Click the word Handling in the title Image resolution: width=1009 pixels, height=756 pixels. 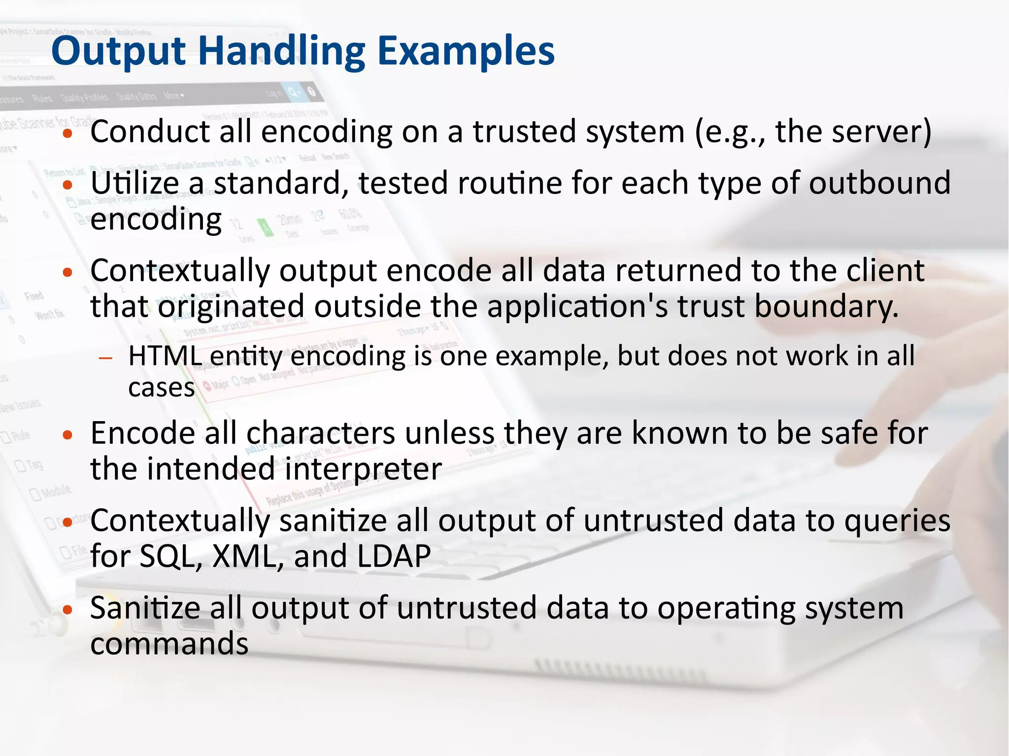coord(281,52)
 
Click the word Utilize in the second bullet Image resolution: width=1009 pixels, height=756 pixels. coord(135,183)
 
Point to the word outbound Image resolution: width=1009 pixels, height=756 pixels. coord(879,183)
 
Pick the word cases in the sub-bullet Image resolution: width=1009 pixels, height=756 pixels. coord(161,388)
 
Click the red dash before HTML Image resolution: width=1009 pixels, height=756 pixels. coord(105,358)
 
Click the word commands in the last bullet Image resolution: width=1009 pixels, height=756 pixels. coord(169,644)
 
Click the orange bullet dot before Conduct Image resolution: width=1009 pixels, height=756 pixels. coord(68,134)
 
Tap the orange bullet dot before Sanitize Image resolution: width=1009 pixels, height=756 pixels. coord(68,610)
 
